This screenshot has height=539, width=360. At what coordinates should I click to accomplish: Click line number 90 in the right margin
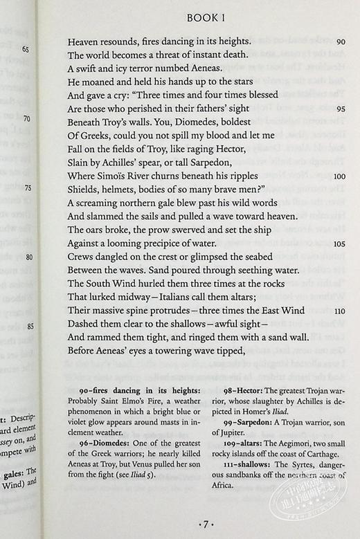(x=339, y=42)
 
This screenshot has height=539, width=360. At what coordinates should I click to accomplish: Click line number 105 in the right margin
(x=339, y=244)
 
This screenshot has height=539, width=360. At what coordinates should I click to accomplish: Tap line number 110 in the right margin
(x=339, y=311)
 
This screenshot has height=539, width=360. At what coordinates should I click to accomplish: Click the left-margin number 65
(x=26, y=49)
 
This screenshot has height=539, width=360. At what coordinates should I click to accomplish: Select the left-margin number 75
(x=28, y=188)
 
